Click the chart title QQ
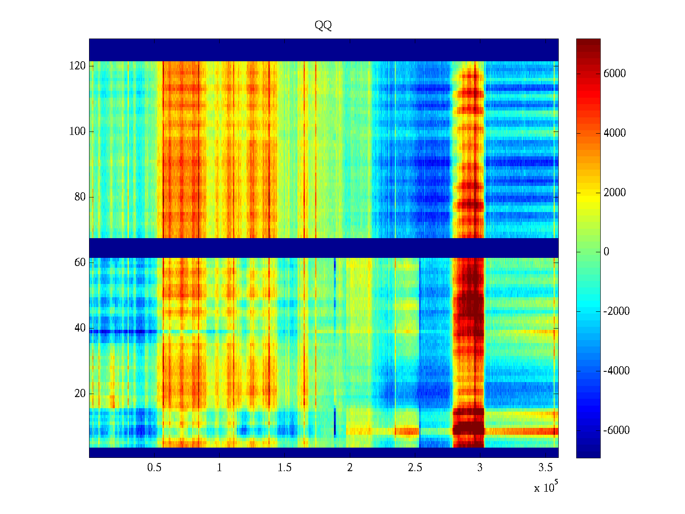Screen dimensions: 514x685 323,25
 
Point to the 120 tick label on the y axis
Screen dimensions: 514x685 77,66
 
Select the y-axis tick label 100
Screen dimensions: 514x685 77,131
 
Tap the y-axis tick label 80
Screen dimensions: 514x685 80,197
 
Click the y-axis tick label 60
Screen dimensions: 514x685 80,263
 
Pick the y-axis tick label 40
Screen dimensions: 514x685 80,328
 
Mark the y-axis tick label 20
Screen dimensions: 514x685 80,394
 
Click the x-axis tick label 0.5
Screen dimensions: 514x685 155,468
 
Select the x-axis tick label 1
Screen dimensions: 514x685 220,468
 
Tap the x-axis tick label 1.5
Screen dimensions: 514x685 285,468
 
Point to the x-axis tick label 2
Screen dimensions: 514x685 350,468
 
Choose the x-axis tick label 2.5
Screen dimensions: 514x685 415,468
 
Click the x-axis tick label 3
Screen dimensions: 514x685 480,468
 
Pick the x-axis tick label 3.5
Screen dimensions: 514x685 545,468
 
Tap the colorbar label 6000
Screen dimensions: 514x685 615,74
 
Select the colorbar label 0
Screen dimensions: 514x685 606,252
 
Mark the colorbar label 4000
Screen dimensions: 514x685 615,133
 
